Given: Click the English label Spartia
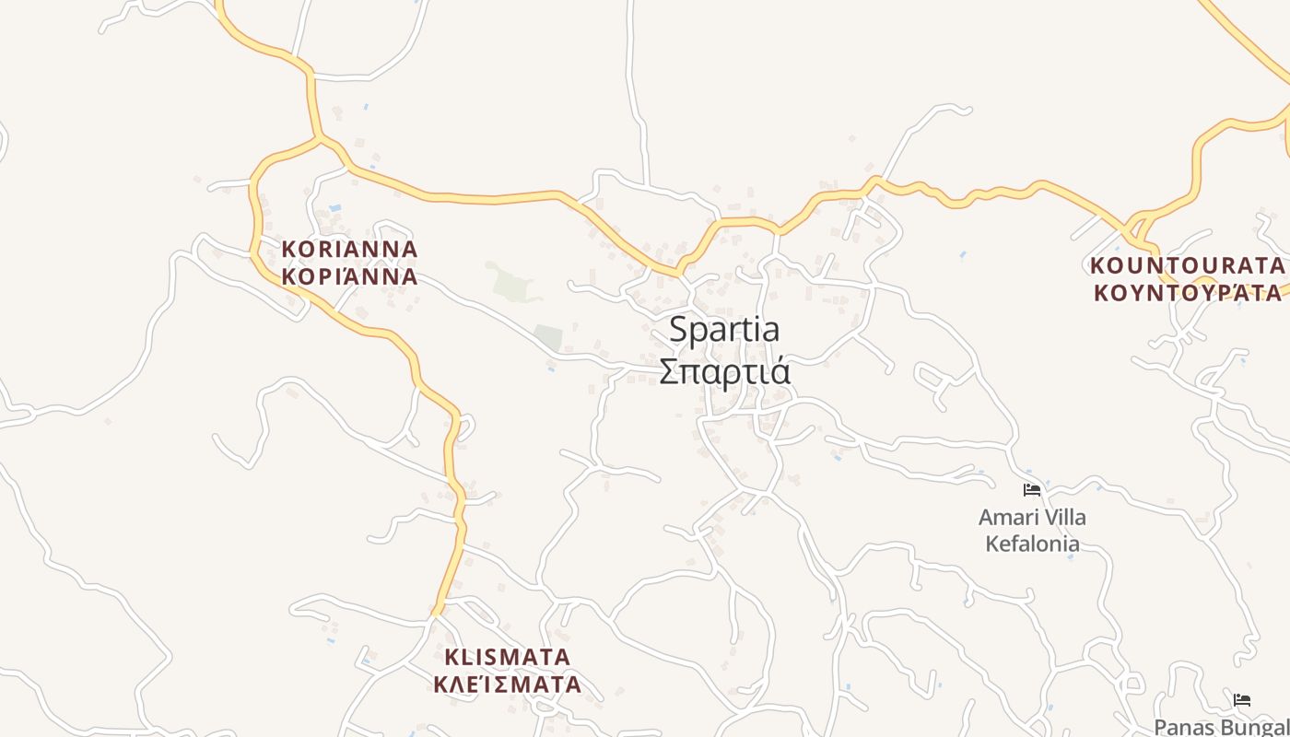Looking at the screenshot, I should [x=724, y=329].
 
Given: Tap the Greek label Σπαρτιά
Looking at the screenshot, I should [x=724, y=371].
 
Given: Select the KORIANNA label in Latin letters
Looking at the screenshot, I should [x=349, y=249].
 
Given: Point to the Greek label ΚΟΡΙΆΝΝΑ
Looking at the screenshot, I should [x=349, y=276].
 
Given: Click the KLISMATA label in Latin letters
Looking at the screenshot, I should [x=508, y=657].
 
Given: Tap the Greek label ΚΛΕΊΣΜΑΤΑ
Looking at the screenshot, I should [x=508, y=684].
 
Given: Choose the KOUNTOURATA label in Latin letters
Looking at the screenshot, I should [x=1187, y=265].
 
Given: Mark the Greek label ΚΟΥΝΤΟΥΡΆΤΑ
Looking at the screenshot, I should [x=1187, y=293].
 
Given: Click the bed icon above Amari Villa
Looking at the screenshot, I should [x=1032, y=490].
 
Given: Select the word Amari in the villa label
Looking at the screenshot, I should [x=1007, y=518].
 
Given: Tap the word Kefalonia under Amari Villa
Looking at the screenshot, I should [x=1032, y=544].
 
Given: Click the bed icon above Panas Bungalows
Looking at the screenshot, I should [x=1242, y=700].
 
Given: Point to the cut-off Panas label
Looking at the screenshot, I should [x=1182, y=727].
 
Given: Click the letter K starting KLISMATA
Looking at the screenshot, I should [x=451, y=657].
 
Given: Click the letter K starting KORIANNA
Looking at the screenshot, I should [x=288, y=249].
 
